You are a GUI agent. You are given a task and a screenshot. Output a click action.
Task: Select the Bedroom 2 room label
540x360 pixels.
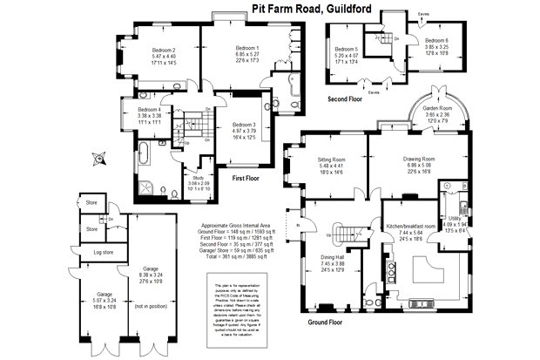click(x=164, y=50)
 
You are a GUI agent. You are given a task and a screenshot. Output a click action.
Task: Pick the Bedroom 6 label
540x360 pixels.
click(x=436, y=41)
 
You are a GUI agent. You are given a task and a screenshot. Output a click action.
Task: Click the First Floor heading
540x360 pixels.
click(x=250, y=179)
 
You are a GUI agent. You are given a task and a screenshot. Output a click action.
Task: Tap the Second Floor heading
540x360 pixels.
click(x=345, y=99)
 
